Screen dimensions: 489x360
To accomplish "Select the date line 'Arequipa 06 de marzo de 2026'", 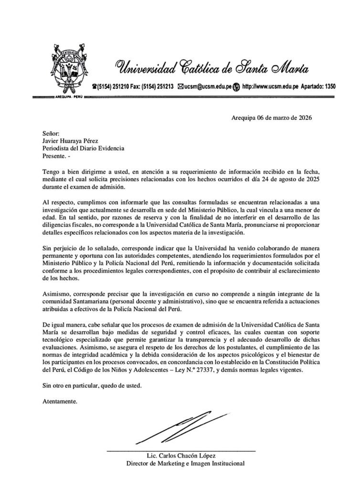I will (x=271, y=117).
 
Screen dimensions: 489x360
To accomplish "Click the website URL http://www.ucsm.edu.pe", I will (x=271, y=87).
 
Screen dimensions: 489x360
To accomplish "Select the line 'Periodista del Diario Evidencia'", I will (x=83, y=149).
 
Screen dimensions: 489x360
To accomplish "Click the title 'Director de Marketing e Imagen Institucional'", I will (x=185, y=463).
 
